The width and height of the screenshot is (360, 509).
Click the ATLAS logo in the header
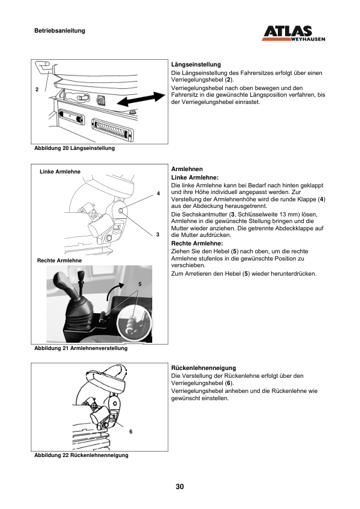coord(293,33)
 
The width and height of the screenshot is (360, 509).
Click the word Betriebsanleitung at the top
coord(60,31)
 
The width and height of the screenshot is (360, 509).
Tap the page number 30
coord(179,487)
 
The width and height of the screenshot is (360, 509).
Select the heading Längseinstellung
coord(196,65)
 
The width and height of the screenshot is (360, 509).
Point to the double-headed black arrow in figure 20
coord(141,99)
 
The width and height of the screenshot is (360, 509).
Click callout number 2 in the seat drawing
coord(37,89)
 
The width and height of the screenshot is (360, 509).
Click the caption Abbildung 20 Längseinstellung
coord(74,148)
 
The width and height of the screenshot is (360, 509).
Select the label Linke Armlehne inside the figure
coord(60,172)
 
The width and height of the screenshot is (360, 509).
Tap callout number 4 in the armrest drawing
coord(158,193)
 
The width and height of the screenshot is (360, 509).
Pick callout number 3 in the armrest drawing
coord(158,235)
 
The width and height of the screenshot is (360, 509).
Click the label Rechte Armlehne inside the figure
coord(59,261)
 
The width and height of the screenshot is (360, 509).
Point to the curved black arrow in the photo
coord(115,291)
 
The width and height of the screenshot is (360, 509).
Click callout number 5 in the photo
coord(140,284)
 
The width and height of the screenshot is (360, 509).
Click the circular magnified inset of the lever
coord(133,323)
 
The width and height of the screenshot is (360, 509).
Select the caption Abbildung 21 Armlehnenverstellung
coord(81,348)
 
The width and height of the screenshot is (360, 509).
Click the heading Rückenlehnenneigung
coord(204,368)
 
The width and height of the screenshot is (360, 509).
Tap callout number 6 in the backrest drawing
coord(130,432)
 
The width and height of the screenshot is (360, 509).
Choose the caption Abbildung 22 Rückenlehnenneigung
coord(82,455)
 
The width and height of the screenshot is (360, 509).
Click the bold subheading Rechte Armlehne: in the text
coord(197,244)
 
